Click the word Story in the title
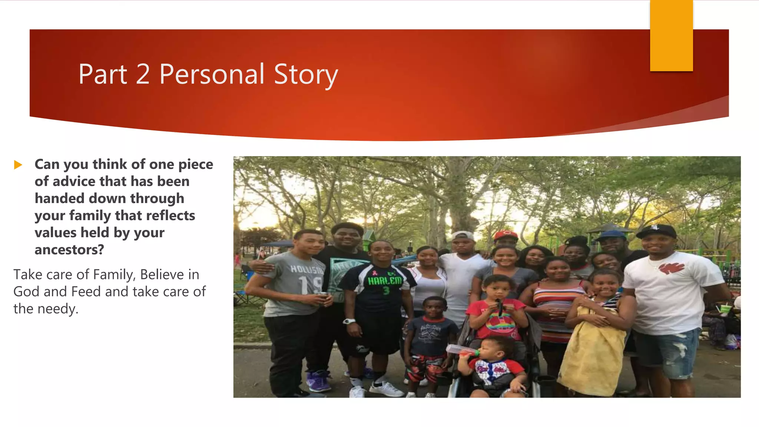point(306,75)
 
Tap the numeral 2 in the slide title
point(143,75)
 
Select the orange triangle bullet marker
point(18,165)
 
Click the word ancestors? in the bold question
point(69,250)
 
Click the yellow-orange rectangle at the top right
point(671,35)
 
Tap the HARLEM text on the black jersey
point(384,281)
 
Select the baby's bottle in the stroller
point(461,350)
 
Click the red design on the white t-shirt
point(671,268)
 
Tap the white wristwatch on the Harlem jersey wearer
point(348,321)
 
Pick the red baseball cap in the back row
point(506,235)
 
